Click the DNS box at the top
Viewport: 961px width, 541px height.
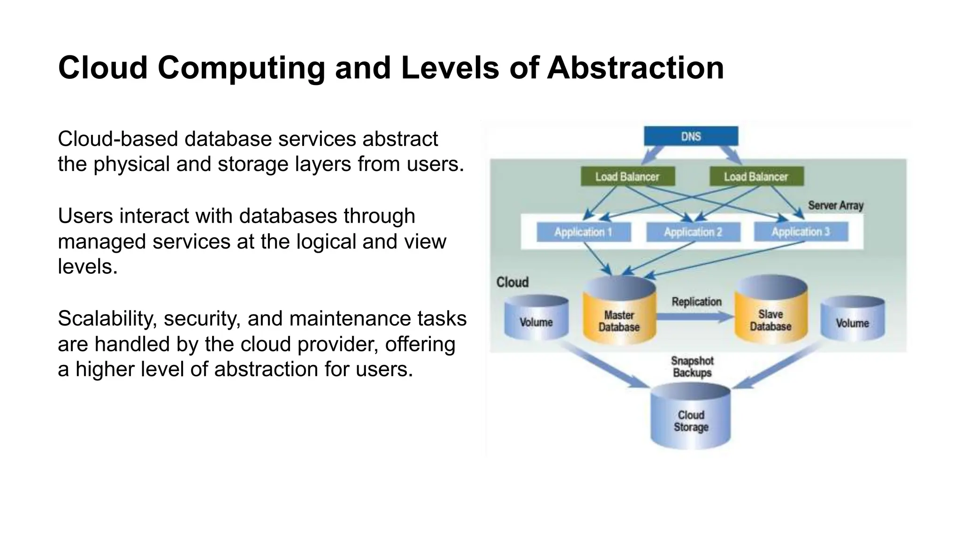pos(691,136)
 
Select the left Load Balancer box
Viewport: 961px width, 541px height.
pos(627,177)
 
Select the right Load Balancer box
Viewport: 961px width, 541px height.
pos(756,177)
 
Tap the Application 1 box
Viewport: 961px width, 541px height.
pos(583,232)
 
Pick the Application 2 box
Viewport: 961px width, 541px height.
pos(693,232)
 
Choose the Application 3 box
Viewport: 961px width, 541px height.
pos(801,232)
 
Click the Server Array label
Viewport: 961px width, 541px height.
pos(836,205)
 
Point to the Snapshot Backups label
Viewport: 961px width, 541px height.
pos(692,367)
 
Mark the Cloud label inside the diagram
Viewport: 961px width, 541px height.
pos(512,282)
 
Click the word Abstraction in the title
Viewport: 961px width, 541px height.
pos(635,68)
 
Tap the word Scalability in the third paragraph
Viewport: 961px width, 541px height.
pos(107,319)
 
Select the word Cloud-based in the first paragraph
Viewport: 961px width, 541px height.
pos(117,139)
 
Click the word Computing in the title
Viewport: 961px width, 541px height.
pos(241,68)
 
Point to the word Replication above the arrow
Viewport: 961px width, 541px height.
pos(696,301)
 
